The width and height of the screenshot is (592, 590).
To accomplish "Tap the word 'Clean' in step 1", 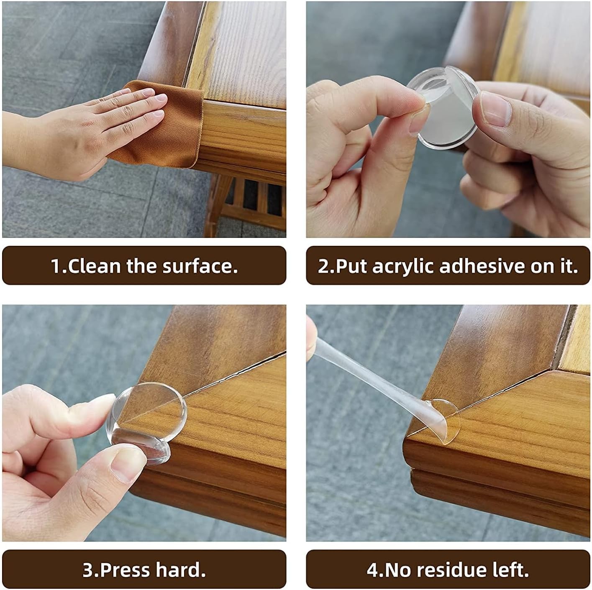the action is [94, 266].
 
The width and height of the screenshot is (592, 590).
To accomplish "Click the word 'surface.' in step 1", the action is [200, 266].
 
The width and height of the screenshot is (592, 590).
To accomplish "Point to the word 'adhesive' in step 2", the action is [482, 266].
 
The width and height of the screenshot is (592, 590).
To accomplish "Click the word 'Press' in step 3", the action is [125, 570].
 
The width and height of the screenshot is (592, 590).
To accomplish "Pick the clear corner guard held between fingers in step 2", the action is [444, 107].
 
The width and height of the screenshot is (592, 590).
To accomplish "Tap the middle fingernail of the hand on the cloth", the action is [161, 98].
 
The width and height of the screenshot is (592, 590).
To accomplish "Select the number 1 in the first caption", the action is [56, 266].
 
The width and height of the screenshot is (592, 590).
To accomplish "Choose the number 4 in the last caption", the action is [373, 570].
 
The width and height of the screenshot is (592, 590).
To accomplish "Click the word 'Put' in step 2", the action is [351, 266].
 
